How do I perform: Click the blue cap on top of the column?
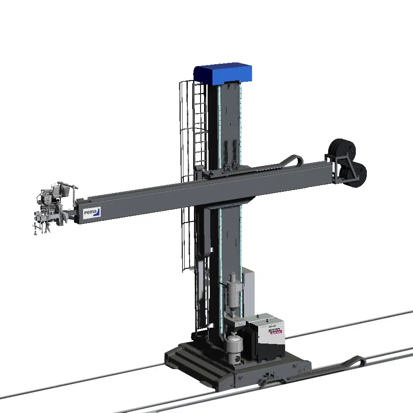pyautogui.click(x=223, y=74)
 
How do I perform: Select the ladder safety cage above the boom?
pyautogui.click(x=194, y=123)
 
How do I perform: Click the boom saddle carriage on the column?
pyautogui.click(x=220, y=174)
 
